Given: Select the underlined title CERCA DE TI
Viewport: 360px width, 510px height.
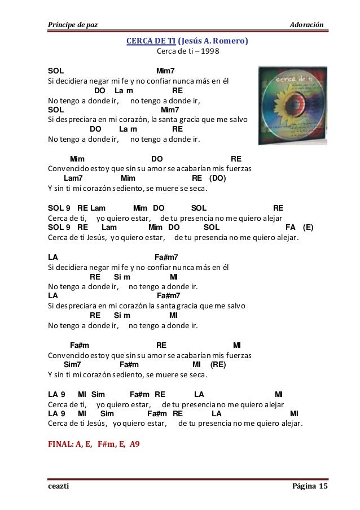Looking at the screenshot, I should pos(151,41).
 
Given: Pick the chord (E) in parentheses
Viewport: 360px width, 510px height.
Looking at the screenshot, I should pos(308,228).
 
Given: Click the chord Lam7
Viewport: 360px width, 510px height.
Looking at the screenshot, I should pos(74,178).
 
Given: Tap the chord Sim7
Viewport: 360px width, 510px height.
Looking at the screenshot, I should pos(73,365).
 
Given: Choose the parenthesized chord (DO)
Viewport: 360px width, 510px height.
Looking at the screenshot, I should pos(217,178).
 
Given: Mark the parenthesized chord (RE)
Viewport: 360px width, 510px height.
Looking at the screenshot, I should pos(217,365).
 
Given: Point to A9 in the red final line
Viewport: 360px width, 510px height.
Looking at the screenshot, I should pos(135,444).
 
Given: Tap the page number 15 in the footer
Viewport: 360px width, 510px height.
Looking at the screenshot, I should pos(323,487).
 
